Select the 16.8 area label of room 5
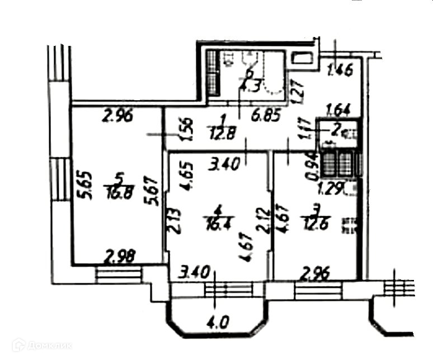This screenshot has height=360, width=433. click(117, 194)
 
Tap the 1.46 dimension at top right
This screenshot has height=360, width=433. click(340, 71)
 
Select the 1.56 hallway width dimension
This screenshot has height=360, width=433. click(189, 129)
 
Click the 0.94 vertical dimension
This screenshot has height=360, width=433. click(313, 167)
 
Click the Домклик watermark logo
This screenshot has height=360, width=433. click(42, 345)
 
